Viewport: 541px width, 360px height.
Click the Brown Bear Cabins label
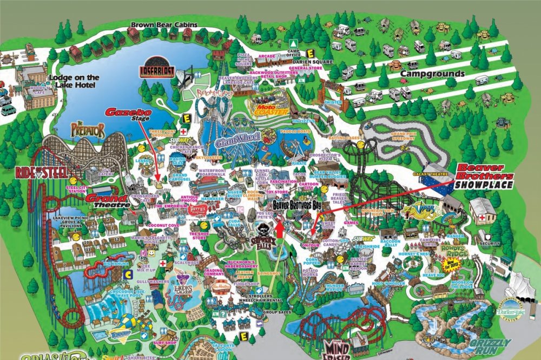tap(164, 25)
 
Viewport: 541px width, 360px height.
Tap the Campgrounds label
tap(433, 73)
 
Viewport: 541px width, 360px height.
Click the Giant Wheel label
tap(237, 140)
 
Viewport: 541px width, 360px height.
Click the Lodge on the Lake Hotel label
tap(74, 81)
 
